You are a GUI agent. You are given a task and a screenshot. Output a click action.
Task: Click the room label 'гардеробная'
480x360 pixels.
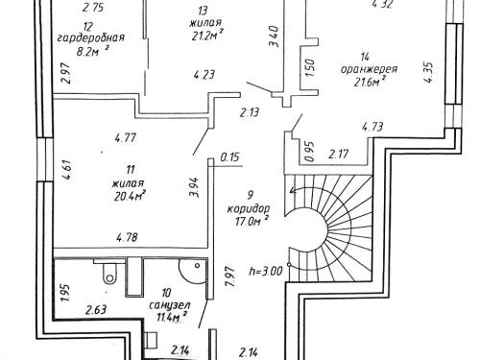[90, 38]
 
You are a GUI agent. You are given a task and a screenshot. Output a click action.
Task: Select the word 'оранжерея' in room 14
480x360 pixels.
[369, 69]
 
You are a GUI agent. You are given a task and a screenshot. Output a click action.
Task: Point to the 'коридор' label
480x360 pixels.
[249, 209]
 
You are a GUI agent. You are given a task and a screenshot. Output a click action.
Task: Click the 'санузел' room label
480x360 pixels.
[170, 305]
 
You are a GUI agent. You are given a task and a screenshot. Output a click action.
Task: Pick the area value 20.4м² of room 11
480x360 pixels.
[130, 195]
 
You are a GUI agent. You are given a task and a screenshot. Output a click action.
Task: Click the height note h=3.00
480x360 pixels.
[266, 272]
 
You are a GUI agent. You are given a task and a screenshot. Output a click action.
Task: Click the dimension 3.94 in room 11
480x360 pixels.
[194, 187]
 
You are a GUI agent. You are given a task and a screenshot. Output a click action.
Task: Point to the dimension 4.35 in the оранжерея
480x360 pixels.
[429, 72]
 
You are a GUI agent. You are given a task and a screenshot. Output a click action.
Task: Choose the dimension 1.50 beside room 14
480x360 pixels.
[310, 67]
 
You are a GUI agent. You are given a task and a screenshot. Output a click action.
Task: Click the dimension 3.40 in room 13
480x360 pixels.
[275, 36]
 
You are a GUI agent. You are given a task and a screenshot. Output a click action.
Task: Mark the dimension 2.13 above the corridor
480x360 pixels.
[250, 112]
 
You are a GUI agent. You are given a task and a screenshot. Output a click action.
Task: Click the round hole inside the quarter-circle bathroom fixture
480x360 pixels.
[198, 266]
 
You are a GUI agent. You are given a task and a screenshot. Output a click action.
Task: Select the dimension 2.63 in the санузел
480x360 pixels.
[96, 310]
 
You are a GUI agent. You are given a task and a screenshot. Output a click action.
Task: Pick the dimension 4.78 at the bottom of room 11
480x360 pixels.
[128, 237]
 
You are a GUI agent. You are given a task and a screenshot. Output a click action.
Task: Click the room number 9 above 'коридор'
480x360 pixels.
[251, 194]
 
